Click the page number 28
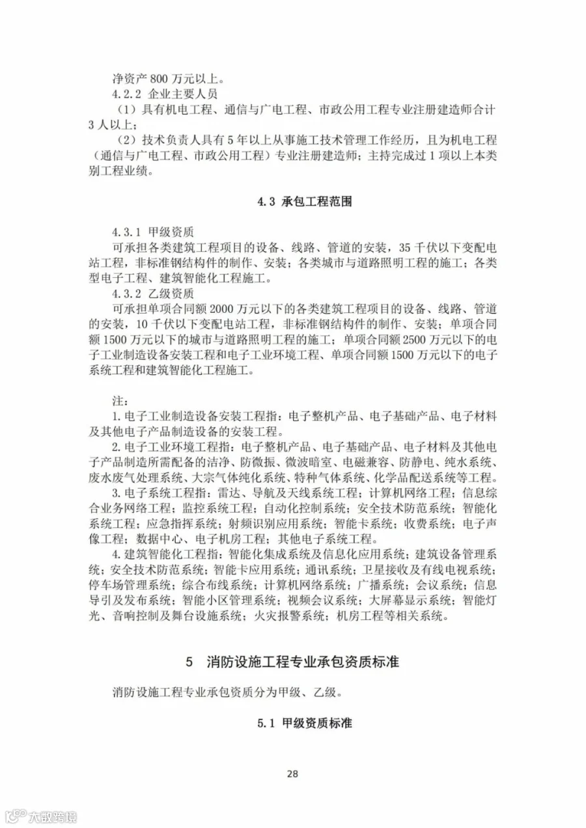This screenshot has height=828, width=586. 292,773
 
